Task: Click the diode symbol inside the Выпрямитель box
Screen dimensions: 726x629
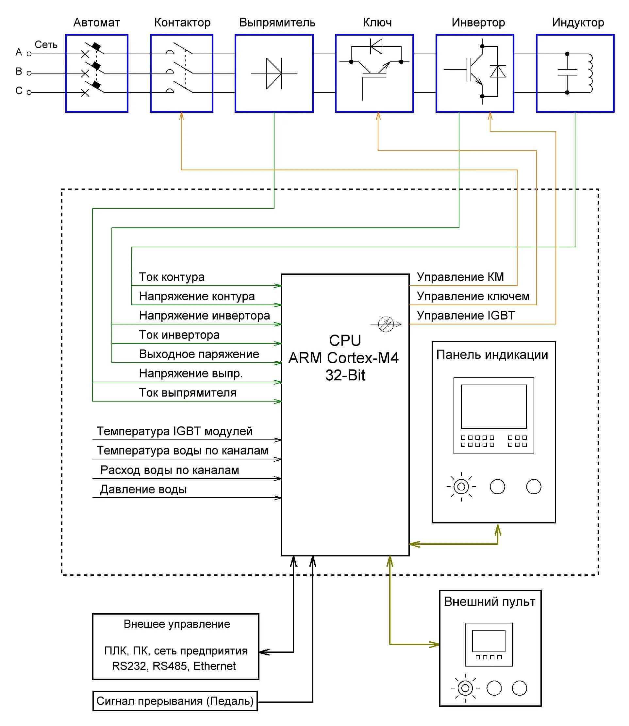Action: pyautogui.click(x=274, y=73)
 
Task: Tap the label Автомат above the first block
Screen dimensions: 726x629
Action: pyautogui.click(x=96, y=23)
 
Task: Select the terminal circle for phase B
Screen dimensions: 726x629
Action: pyautogui.click(x=29, y=73)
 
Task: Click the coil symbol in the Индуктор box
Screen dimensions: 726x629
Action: pyautogui.click(x=589, y=73)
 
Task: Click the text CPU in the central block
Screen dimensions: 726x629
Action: pyautogui.click(x=345, y=340)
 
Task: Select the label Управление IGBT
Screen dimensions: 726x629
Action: pyautogui.click(x=465, y=315)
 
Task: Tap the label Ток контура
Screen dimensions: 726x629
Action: pyautogui.click(x=171, y=277)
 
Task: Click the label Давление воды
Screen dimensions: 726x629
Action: pyautogui.click(x=143, y=489)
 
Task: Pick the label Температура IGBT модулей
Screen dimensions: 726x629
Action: pyautogui.click(x=174, y=431)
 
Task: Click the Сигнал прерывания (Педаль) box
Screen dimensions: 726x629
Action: pyautogui.click(x=175, y=701)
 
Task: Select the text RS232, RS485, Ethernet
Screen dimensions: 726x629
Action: pyautogui.click(x=174, y=666)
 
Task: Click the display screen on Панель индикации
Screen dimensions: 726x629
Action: pyautogui.click(x=493, y=407)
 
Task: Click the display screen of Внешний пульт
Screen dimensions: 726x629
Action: pyautogui.click(x=488, y=641)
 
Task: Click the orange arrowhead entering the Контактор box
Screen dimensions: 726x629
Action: pyautogui.click(x=181, y=116)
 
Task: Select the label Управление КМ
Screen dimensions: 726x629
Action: pyautogui.click(x=460, y=277)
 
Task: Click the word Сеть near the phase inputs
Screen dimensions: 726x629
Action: pyautogui.click(x=46, y=44)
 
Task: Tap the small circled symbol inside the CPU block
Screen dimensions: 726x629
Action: pyautogui.click(x=386, y=324)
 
